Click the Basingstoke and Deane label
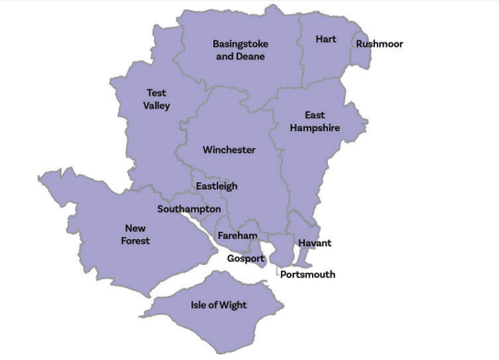tap(239, 49)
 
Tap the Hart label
tap(326, 38)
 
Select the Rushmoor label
tap(379, 44)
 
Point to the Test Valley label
tap(156, 99)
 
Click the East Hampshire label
tap(315, 122)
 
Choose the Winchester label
tap(229, 149)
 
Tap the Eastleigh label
tap(216, 186)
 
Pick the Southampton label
tap(189, 209)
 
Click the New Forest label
tap(137, 235)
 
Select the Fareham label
tap(237, 236)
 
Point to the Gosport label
tap(245, 258)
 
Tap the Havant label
tap(314, 243)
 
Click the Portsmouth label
tap(308, 274)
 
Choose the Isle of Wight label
tap(218, 304)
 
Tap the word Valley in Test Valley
tap(157, 105)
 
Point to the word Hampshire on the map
tap(315, 128)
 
